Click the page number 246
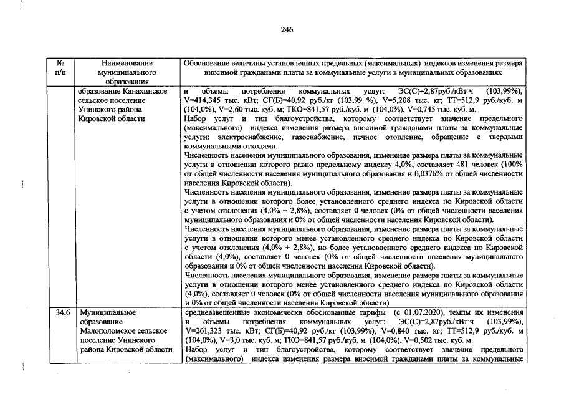pyautogui.click(x=287, y=30)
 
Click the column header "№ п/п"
pyautogui.click(x=61, y=68)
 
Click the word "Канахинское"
pyautogui.click(x=146, y=91)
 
